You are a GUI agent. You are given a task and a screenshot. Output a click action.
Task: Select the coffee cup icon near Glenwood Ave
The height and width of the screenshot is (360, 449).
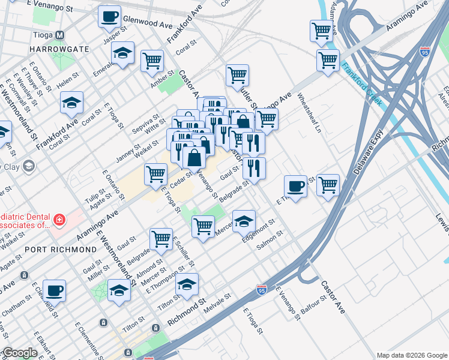[109, 17]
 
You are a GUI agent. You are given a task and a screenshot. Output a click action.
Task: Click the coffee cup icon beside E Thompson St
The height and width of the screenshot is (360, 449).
[295, 187]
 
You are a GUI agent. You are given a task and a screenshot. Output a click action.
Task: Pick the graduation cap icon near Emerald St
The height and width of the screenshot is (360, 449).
[122, 53]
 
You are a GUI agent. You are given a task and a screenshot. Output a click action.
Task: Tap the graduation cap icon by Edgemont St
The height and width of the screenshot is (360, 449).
[244, 221]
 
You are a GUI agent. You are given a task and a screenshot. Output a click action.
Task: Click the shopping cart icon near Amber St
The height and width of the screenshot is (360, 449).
[152, 61]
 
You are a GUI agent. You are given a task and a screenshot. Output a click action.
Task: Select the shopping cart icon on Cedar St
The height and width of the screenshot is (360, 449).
[155, 175]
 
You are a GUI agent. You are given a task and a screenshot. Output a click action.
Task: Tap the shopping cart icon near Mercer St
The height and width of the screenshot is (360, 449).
[203, 227]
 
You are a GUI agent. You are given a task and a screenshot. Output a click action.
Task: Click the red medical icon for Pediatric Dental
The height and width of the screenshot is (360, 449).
[59, 220]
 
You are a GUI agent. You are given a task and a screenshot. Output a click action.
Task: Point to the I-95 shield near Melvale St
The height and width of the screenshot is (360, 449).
[261, 289]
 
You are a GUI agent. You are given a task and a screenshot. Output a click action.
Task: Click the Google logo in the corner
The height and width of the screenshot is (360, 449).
[20, 353]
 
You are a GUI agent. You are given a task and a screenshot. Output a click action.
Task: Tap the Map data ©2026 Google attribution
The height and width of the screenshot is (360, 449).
[411, 355]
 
